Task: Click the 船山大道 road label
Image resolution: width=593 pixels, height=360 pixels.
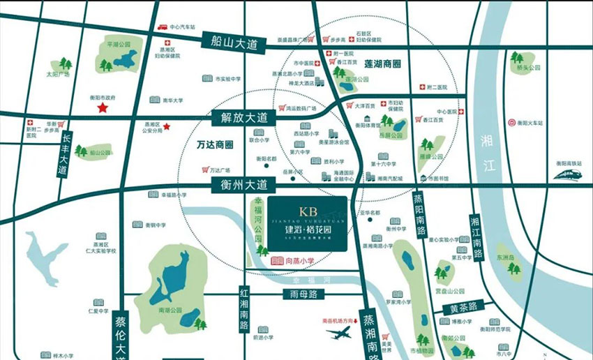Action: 239,42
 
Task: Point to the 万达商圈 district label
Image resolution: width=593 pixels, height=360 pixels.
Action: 214,145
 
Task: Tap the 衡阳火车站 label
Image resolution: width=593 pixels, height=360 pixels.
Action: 534,121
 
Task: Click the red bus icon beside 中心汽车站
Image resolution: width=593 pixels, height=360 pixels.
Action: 163,27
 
